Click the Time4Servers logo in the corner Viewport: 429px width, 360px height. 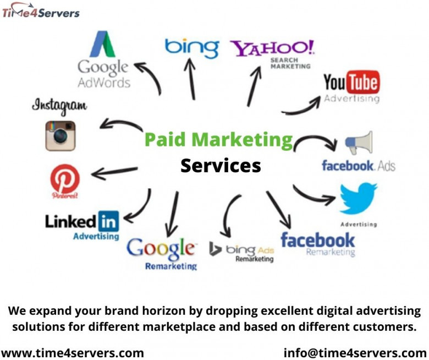[41, 12]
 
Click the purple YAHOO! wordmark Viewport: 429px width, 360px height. [272, 48]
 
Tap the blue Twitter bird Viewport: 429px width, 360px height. [358, 199]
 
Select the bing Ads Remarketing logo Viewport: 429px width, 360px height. [242, 252]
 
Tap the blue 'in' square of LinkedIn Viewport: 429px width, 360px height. [108, 222]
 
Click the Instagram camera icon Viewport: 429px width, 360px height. [60, 135]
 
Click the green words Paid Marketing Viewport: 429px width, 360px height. [218, 139]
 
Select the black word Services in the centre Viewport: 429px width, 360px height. [221, 165]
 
